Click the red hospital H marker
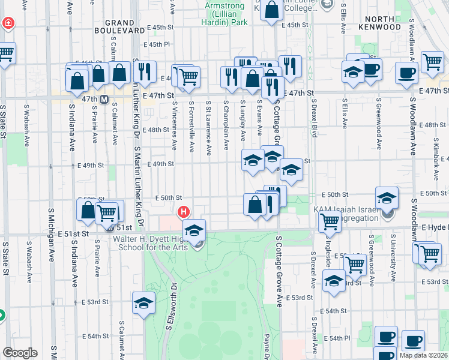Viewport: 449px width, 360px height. pos(184,212)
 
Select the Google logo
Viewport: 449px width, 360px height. pos(20,353)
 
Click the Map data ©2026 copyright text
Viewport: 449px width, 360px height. pos(424,355)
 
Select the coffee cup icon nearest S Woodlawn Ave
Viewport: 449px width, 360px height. pos(406,73)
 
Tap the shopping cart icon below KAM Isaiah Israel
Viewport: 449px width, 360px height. pos(330,220)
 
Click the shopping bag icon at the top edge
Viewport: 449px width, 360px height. pos(271,10)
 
